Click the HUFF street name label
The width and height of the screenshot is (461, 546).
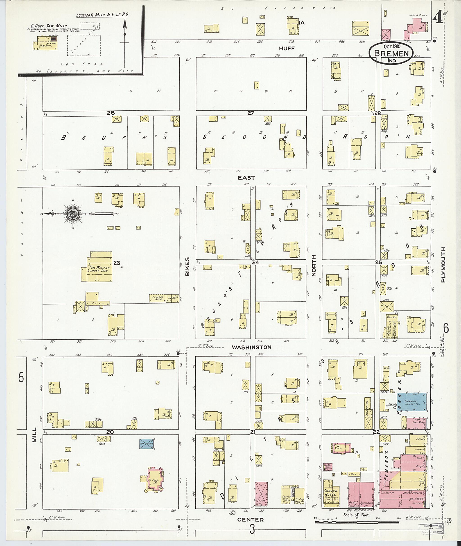pos(287,48)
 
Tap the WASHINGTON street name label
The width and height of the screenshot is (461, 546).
pos(251,347)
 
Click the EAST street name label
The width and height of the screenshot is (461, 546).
pos(246,178)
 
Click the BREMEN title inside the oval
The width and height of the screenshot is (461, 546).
pos(391,54)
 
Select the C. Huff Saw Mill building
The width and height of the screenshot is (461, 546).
pos(45,43)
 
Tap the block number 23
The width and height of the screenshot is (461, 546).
pos(116,263)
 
